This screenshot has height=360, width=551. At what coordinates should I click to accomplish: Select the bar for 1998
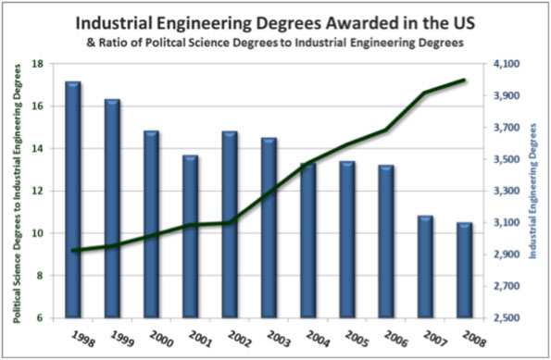72,199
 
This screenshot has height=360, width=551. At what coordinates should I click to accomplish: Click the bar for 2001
190,236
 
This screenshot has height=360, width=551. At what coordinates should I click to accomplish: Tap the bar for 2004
307,241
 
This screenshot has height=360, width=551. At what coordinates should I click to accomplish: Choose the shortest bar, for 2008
464,270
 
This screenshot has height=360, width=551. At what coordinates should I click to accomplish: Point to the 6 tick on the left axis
38,318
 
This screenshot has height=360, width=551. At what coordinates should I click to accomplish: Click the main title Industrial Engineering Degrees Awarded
275,19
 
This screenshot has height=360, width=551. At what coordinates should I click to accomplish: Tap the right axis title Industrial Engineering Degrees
536,191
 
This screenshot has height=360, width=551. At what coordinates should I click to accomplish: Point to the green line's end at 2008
464,81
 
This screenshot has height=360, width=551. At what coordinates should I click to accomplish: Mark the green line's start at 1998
72,250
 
